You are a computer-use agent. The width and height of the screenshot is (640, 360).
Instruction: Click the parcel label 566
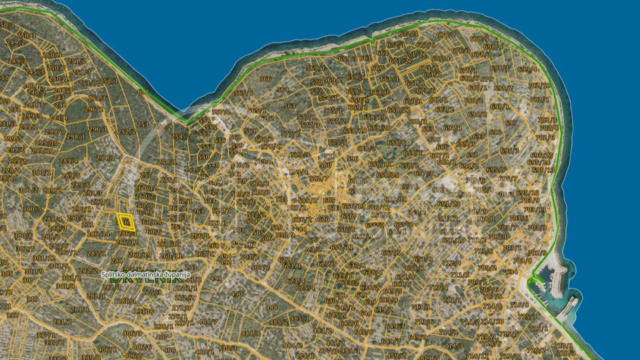pos(265,79)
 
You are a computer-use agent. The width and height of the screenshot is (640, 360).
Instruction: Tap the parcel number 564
pos(283,89)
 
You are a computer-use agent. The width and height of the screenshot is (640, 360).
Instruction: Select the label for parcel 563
pos(289,106)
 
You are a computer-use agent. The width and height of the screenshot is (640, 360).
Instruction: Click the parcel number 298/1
pos(75,137)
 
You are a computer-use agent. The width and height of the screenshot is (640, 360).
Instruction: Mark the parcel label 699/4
pos(527,69)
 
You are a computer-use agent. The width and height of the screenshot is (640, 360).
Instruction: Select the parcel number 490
pos(237,294)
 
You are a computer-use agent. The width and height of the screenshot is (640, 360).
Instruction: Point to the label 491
pos(216,279)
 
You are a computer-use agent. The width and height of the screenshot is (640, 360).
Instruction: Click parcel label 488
pos(271,308)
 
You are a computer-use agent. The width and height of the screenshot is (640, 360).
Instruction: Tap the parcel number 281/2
pos(62,322)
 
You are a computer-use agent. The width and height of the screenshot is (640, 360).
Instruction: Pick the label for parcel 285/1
pos(97,254)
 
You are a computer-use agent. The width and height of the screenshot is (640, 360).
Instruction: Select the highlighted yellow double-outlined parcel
pos(125,221)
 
